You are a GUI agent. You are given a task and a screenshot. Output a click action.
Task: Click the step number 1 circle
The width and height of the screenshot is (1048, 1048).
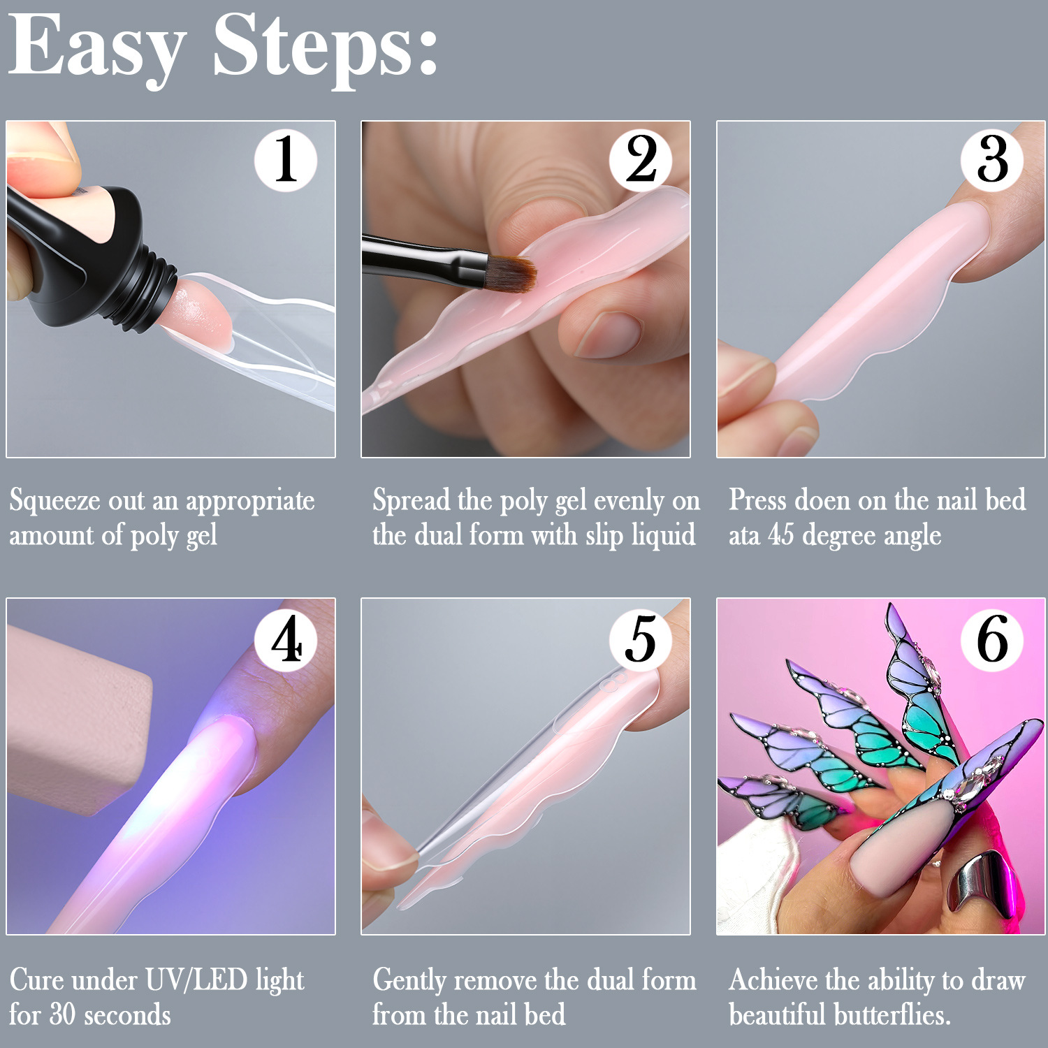(x=285, y=160)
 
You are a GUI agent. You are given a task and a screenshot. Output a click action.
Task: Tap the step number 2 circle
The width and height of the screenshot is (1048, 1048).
(x=641, y=160)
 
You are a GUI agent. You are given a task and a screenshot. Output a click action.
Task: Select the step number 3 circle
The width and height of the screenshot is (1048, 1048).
(x=992, y=160)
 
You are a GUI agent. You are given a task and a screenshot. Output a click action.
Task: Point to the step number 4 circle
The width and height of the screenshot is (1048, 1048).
(x=285, y=640)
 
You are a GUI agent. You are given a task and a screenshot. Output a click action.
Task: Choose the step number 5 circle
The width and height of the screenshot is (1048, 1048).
(x=641, y=640)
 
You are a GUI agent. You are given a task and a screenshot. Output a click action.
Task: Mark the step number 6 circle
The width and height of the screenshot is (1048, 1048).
(x=992, y=640)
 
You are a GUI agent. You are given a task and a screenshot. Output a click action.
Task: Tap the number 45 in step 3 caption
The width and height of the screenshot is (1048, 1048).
(x=781, y=535)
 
